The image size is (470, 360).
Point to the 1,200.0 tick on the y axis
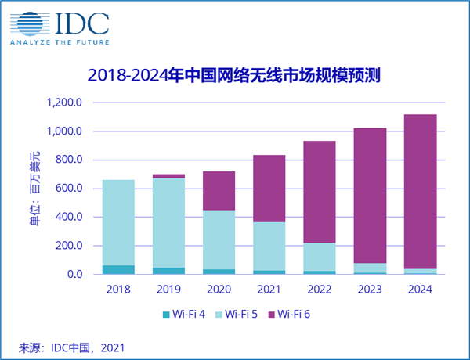tap(65, 103)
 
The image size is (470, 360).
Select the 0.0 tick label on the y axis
tap(74, 275)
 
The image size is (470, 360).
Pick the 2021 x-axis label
tap(269, 289)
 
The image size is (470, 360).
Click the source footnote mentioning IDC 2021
tap(72, 346)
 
